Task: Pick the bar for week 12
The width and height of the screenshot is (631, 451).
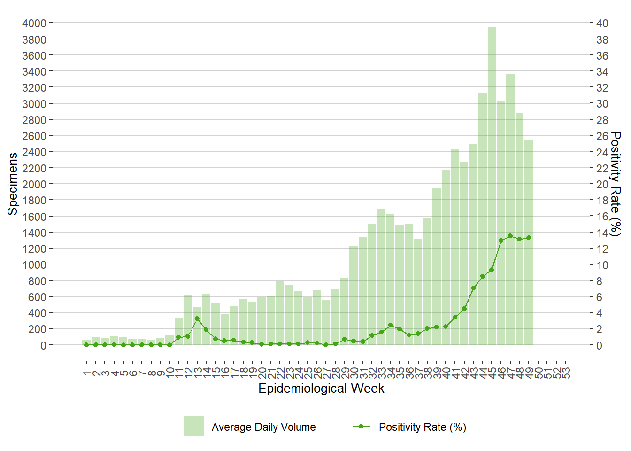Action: coord(188,320)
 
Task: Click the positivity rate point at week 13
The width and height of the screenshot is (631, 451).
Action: coord(197,319)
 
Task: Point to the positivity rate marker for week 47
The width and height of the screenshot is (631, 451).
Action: coord(510,236)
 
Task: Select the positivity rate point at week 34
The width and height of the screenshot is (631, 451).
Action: coord(391,325)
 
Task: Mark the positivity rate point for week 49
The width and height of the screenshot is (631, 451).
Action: coord(529,238)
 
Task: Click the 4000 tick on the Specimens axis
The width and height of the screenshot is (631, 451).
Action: coord(34,23)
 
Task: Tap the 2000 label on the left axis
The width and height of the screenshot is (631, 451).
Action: coord(34,184)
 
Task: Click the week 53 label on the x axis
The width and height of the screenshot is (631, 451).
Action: coord(566,373)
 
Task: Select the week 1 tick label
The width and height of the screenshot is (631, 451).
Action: coord(87,373)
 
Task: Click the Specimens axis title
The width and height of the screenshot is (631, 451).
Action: coord(13,184)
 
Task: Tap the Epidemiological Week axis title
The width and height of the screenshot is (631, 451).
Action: coord(321,389)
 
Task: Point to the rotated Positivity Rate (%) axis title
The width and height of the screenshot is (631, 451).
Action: coord(616,184)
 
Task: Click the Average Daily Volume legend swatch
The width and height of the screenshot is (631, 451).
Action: coord(194,426)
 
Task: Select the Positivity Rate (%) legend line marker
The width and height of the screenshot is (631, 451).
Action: coord(361,426)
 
